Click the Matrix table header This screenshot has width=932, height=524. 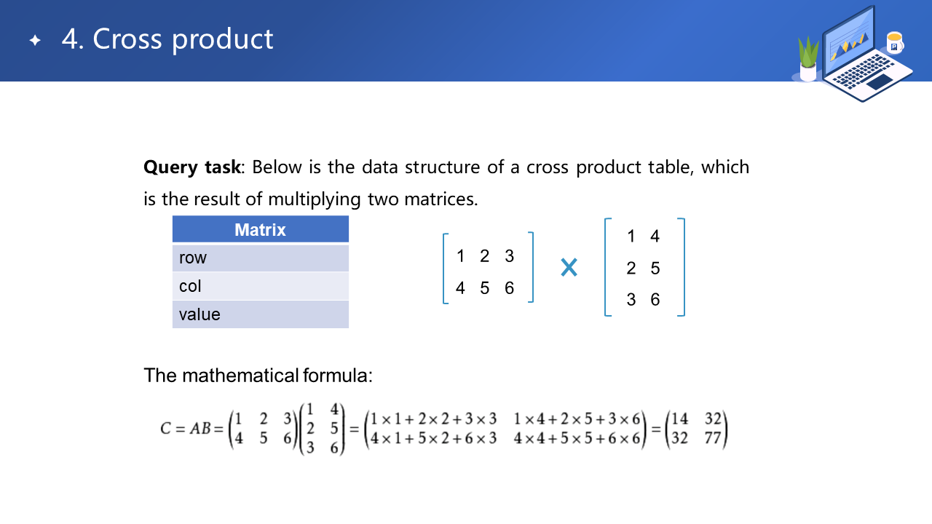(x=261, y=229)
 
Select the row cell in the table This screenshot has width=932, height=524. (x=261, y=258)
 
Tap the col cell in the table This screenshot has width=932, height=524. (x=261, y=286)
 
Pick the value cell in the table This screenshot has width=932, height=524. (x=261, y=314)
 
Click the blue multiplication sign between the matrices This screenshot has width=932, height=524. (x=569, y=267)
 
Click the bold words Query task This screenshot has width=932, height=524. (x=191, y=167)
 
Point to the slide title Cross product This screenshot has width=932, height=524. (x=183, y=39)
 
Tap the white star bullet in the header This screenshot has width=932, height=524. (x=36, y=40)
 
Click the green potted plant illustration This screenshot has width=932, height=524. (x=808, y=59)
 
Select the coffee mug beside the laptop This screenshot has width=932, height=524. (x=895, y=42)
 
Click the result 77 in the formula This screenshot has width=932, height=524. (x=713, y=438)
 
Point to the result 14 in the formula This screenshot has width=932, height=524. (x=680, y=418)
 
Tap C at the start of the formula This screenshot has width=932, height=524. (x=165, y=429)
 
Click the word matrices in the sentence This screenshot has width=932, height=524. (x=441, y=199)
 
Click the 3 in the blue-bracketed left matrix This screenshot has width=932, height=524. (x=509, y=256)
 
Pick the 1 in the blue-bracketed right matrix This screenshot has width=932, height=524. (x=631, y=237)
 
